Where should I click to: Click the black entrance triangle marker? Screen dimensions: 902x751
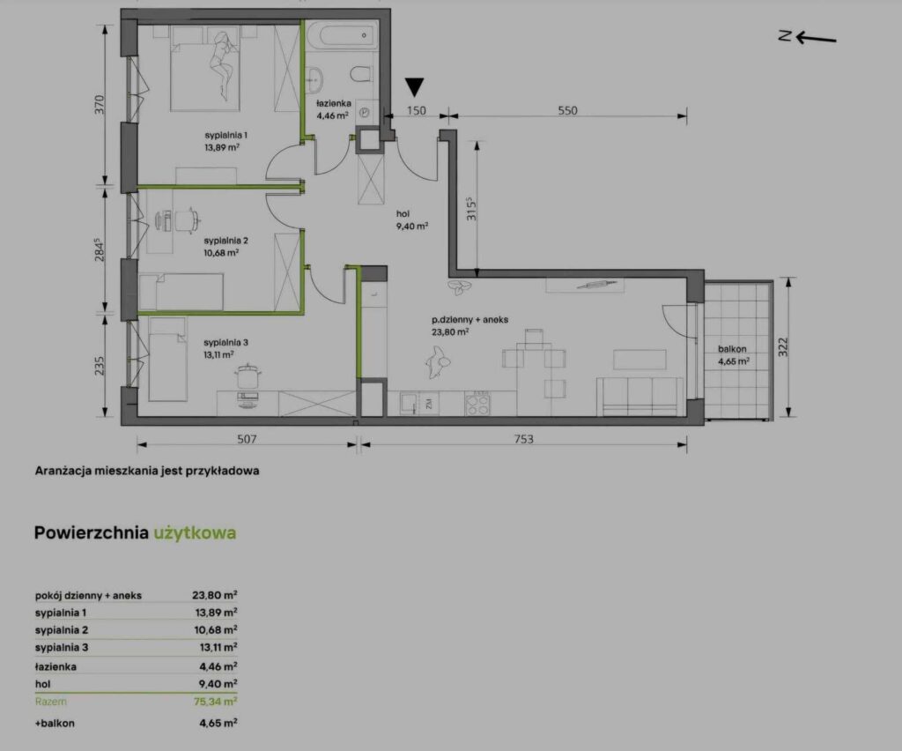tap(414, 87)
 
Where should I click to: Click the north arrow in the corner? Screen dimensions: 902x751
tap(808, 37)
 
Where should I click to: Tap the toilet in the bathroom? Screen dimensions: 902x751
tap(360, 76)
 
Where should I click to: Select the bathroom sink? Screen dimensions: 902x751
tap(314, 79)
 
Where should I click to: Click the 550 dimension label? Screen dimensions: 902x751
tap(567, 110)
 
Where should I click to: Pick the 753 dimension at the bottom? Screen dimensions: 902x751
tap(523, 439)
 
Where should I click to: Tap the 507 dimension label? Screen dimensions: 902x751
tap(247, 439)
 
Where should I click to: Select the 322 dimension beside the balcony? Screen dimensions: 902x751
tap(783, 347)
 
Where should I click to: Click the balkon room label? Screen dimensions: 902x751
tap(732, 349)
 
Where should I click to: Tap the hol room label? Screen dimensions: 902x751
tap(403, 213)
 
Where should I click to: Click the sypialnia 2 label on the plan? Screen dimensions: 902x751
tap(226, 241)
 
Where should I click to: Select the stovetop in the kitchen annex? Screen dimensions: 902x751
tap(477, 403)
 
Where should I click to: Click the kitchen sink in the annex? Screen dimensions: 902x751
tap(410, 403)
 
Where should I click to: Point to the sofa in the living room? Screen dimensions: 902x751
tap(640, 397)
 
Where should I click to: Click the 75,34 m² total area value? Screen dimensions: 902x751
tap(216, 702)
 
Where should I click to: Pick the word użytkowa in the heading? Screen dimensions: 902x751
tap(195, 533)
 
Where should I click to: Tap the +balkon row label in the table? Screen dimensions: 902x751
tap(55, 724)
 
